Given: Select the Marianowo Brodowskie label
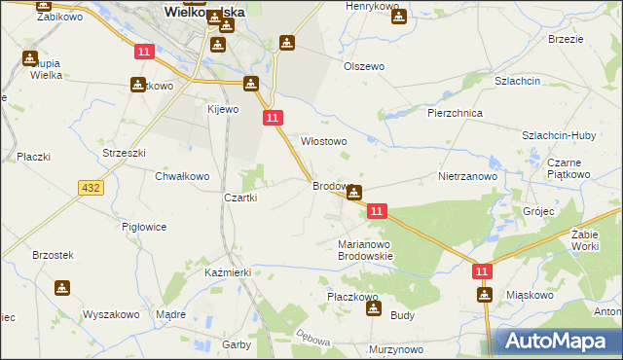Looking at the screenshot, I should point(365,250).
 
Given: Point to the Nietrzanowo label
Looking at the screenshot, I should point(467,177).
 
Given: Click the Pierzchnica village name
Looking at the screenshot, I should point(456,113).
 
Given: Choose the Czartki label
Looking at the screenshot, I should point(240,198).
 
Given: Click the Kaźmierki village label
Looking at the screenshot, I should point(228,273).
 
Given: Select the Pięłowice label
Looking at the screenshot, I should point(144,227).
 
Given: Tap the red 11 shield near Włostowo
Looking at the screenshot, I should point(273,117).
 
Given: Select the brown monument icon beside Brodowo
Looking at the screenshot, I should point(355,193).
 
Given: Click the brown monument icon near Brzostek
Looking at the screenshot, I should point(63,288).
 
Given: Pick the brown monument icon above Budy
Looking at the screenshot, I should point(373,308).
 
